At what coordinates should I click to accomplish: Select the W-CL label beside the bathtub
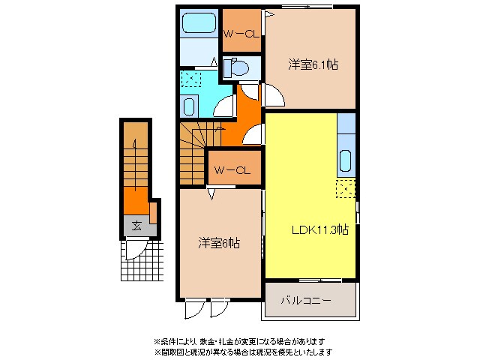[x=241, y=33]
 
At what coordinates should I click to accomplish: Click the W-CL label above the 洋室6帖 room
[x=232, y=169]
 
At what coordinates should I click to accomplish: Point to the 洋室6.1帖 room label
[x=313, y=65]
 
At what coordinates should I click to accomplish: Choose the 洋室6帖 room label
[x=219, y=243]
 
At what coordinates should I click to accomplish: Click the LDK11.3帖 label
[x=319, y=229]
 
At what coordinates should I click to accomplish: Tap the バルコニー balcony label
[x=307, y=300]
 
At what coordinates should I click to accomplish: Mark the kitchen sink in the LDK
[x=346, y=160]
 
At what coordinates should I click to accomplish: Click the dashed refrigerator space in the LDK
[x=346, y=190]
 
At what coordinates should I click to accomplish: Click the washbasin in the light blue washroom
[x=189, y=105]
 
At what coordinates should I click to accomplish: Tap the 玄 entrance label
[x=136, y=225]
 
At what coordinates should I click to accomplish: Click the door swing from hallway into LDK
[x=256, y=135]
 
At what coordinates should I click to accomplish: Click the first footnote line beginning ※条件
[x=240, y=341]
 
